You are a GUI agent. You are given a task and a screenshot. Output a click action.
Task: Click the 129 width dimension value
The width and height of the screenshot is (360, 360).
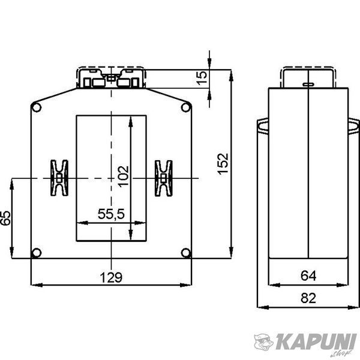(111, 277)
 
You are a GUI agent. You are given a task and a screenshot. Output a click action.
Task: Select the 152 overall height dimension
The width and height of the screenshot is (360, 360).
(223, 164)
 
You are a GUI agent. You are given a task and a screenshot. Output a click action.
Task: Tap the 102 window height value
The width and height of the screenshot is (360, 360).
(123, 176)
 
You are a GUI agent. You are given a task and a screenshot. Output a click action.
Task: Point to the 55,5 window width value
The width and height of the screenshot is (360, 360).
(111, 214)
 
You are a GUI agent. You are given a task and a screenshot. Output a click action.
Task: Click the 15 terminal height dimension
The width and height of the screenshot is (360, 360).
(202, 78)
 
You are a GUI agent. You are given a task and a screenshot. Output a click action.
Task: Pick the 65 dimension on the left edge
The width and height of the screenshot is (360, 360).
(5, 218)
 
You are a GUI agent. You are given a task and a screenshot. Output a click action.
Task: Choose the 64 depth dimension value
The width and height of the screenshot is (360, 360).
(308, 275)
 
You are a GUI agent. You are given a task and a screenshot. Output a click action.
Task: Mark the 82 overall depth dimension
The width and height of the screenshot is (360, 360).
(308, 298)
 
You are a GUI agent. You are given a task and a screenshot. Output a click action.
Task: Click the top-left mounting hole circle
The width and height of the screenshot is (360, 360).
(37, 107)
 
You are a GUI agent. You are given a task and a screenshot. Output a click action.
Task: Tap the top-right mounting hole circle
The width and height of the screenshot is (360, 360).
(186, 107)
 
